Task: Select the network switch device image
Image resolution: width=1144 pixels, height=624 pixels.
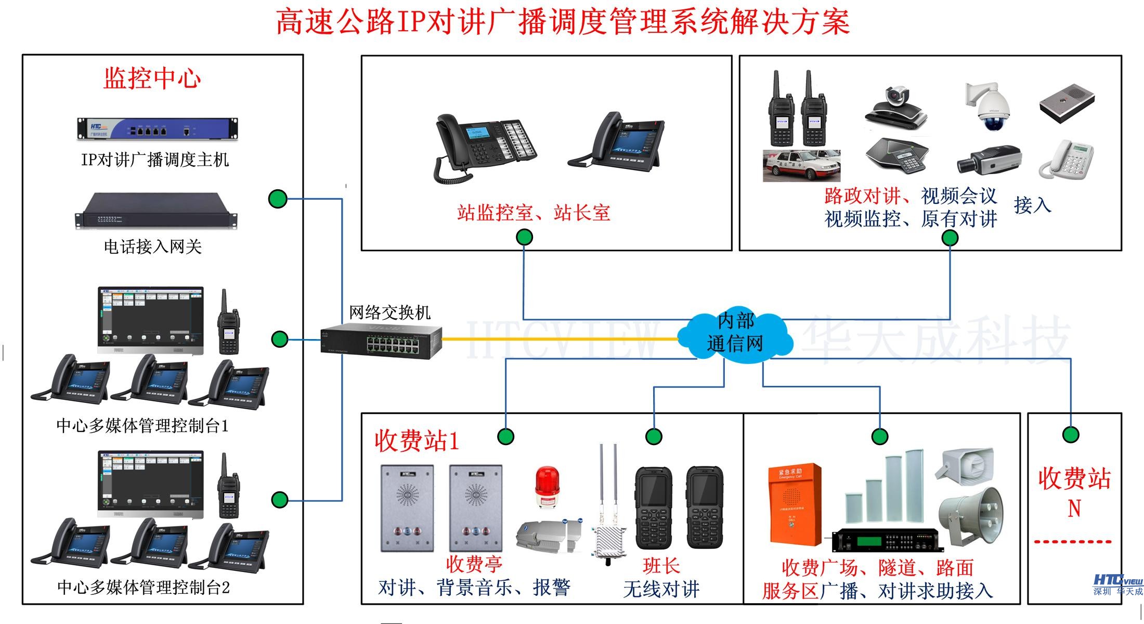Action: point(382,341)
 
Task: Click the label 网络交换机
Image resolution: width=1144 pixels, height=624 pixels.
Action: point(389,313)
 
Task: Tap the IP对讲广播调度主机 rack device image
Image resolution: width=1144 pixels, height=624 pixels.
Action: point(158,128)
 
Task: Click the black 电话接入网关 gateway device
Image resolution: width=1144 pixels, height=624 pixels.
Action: point(155,211)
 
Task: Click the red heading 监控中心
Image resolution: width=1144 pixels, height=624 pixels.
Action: point(152,79)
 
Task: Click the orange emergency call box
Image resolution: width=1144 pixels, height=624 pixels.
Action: point(794,504)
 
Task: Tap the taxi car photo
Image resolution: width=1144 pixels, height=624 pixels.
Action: point(801,165)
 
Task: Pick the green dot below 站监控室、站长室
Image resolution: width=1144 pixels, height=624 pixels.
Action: point(524,238)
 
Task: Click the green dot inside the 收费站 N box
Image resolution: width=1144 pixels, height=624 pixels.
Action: point(1071,434)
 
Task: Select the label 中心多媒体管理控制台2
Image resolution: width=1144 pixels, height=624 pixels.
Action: point(143,588)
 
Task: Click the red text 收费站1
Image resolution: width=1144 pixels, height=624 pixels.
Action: point(417,441)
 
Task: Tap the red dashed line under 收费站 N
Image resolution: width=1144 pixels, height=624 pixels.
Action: point(1072,542)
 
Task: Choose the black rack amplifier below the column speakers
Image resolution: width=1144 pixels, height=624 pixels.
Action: point(887,541)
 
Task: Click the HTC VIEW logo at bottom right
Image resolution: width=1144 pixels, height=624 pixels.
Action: point(1117,584)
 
